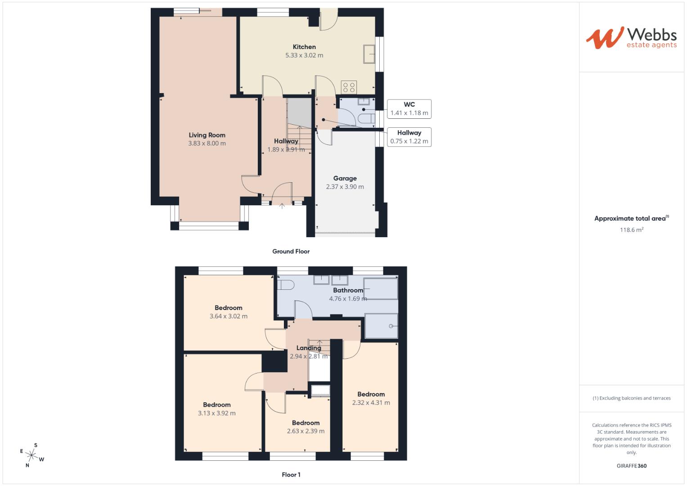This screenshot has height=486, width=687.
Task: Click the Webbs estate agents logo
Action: (631, 38)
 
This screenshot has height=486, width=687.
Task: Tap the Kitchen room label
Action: (304, 47)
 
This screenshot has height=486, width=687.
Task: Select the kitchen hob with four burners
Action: (349, 87)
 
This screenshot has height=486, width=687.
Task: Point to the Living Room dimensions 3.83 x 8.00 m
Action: (207, 144)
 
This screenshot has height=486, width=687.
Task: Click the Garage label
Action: (345, 178)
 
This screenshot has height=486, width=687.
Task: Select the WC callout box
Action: (409, 109)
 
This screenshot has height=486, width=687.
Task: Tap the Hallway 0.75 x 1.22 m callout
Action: (409, 137)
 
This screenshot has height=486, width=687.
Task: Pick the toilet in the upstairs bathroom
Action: (285, 284)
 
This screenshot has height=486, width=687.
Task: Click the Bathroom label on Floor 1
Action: (348, 290)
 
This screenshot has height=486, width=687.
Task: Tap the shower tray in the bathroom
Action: (382, 326)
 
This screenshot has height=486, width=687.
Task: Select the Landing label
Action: (309, 348)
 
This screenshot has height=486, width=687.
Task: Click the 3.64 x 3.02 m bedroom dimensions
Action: (229, 316)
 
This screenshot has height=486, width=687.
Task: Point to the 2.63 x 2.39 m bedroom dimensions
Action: (305, 431)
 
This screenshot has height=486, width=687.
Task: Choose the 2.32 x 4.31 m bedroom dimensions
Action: (371, 403)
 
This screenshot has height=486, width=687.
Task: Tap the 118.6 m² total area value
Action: (631, 230)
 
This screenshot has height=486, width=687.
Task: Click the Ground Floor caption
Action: (291, 252)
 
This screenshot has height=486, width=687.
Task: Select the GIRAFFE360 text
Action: (631, 466)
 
